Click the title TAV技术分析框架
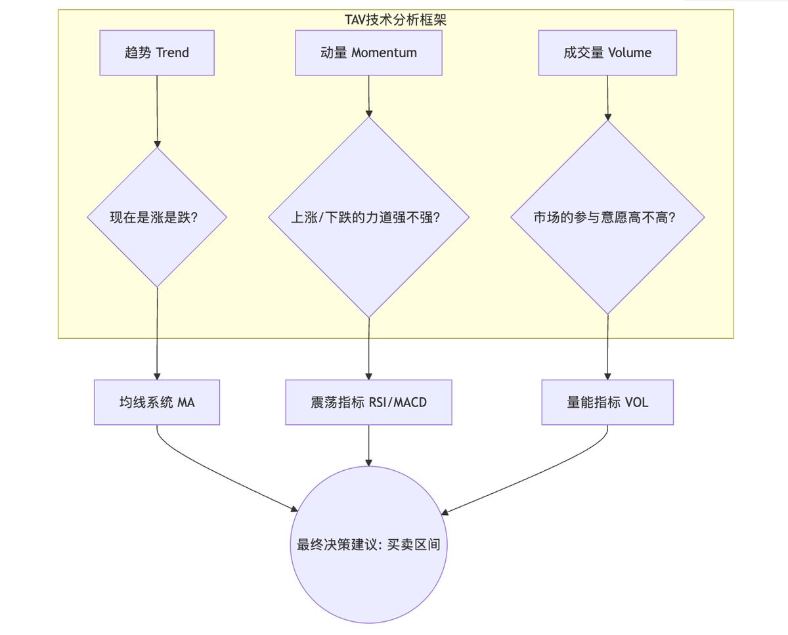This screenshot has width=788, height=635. click(x=395, y=20)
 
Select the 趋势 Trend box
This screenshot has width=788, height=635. click(x=157, y=53)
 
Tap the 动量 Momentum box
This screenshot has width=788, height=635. click(x=368, y=53)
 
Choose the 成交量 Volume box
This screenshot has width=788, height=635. click(x=607, y=53)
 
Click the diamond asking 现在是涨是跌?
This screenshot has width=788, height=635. click(x=157, y=217)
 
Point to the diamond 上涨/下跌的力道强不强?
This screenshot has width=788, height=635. click(x=368, y=217)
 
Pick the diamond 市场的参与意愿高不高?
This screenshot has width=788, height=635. click(x=607, y=217)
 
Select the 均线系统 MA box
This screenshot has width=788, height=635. click(x=157, y=402)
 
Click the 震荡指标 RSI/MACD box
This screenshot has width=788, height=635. click(x=368, y=402)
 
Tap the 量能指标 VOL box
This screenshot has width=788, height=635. click(x=607, y=402)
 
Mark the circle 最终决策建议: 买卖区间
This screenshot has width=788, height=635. click(x=368, y=544)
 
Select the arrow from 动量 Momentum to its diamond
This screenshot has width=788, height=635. click(x=368, y=95)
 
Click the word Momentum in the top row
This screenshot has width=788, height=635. click(x=384, y=53)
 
